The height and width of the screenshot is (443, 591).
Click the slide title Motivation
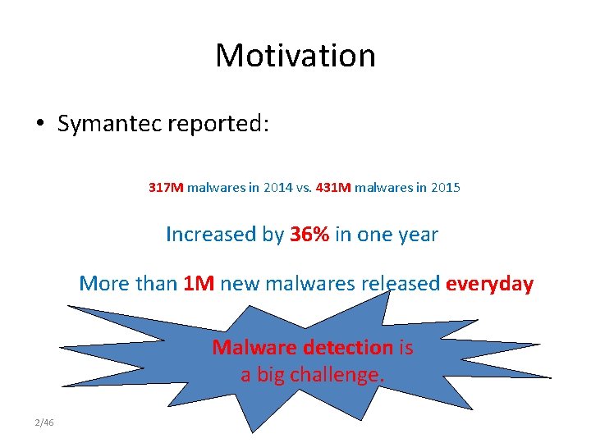tap(295, 56)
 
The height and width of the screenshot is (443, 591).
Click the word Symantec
tap(110, 124)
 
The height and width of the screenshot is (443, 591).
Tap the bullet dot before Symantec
tap(39, 125)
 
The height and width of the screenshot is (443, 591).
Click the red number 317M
tap(166, 188)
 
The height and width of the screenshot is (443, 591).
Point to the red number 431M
tap(332, 188)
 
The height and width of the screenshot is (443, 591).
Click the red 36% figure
tap(309, 235)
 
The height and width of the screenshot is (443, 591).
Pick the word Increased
tap(212, 235)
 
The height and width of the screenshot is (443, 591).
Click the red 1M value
tap(199, 285)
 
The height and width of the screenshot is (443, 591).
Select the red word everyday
tap(489, 285)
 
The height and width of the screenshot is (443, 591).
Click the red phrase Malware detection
tap(303, 348)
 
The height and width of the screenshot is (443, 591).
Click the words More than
tap(128, 285)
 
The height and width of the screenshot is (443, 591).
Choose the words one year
tap(397, 235)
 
